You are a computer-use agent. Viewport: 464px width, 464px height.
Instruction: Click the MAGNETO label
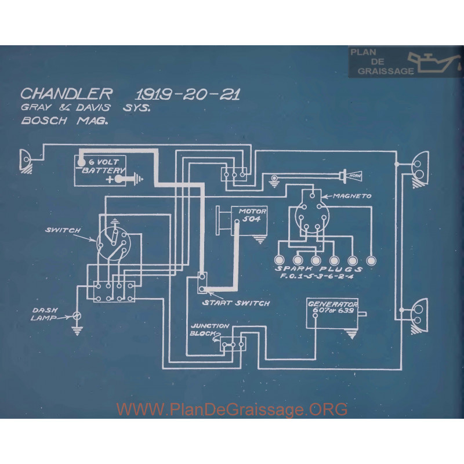(351, 197)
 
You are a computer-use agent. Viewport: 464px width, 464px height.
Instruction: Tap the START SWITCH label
(235, 303)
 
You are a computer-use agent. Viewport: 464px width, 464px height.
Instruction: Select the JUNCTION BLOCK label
(209, 330)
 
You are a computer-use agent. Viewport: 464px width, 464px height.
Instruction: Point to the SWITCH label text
(62, 230)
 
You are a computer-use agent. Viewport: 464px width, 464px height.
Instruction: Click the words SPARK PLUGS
(319, 269)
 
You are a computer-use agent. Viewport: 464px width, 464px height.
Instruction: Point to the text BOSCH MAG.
(63, 123)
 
